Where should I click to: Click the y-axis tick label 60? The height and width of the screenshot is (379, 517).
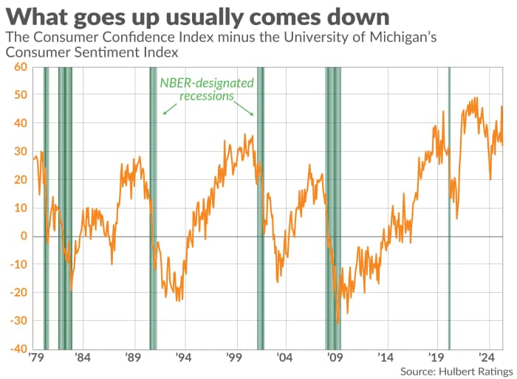(19, 67)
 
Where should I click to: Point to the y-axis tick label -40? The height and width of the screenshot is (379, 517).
(16, 348)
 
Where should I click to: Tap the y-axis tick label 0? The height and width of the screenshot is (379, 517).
(24, 236)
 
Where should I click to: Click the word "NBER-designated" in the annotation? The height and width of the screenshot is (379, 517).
(207, 83)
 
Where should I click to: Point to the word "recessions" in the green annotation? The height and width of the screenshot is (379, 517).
(207, 96)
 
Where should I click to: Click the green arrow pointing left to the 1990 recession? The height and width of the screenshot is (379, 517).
(169, 109)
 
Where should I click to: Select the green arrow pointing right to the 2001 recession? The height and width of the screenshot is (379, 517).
(248, 109)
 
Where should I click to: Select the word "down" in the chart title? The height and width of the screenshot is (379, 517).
(355, 16)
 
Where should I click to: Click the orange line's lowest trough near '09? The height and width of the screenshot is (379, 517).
(338, 322)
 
